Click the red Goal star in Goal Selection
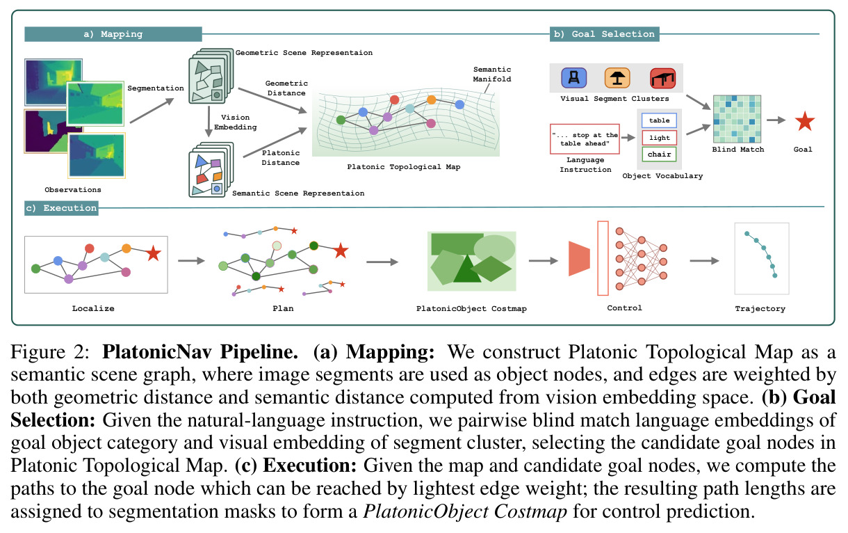(804, 122)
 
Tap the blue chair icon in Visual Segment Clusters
(574, 78)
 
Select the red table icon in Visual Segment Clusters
(662, 78)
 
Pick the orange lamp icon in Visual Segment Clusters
(617, 78)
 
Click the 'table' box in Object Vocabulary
(659, 120)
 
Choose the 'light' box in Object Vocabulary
(659, 138)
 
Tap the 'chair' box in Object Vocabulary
(659, 154)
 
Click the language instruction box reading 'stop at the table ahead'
(585, 138)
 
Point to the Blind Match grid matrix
(737, 119)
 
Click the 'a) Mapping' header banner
(113, 34)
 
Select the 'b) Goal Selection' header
(604, 34)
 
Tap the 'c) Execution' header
(61, 208)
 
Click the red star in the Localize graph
(154, 253)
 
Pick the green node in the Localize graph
(35, 269)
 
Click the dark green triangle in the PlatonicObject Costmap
(467, 269)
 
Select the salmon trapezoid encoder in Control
(579, 258)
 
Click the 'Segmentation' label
(156, 88)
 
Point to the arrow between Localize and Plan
(191, 261)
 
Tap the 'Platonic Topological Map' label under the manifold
(404, 167)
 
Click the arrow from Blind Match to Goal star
(776, 120)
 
